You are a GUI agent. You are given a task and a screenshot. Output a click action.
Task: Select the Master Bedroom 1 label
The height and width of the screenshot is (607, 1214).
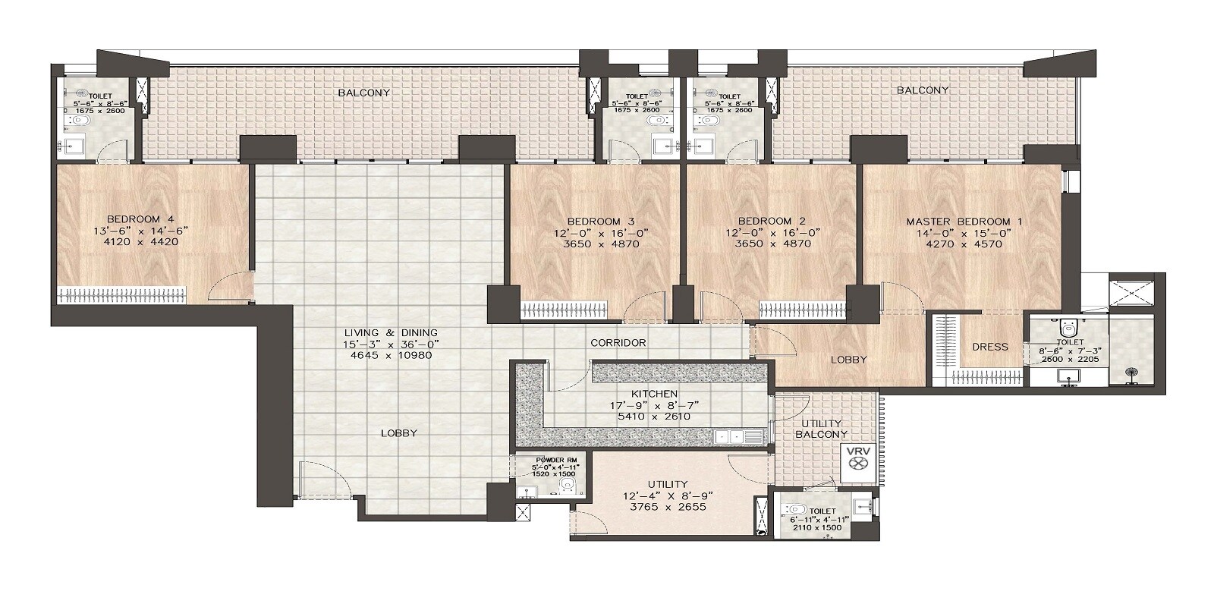[x=964, y=222]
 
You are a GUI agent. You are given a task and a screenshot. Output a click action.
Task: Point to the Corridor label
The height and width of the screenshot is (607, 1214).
[x=618, y=343]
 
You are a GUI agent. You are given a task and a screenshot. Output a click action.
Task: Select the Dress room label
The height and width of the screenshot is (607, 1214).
[x=990, y=347]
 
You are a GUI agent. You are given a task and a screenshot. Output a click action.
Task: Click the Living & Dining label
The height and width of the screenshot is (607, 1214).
[x=391, y=333]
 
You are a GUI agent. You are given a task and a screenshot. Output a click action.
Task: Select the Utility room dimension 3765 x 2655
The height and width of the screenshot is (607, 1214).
[x=668, y=506]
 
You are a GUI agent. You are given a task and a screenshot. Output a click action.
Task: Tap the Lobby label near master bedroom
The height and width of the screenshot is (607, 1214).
[x=848, y=360]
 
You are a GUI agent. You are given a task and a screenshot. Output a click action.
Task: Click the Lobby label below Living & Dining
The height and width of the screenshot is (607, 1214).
[x=399, y=433]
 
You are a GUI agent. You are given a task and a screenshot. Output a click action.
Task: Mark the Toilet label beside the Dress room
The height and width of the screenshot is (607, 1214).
[x=1065, y=342]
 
